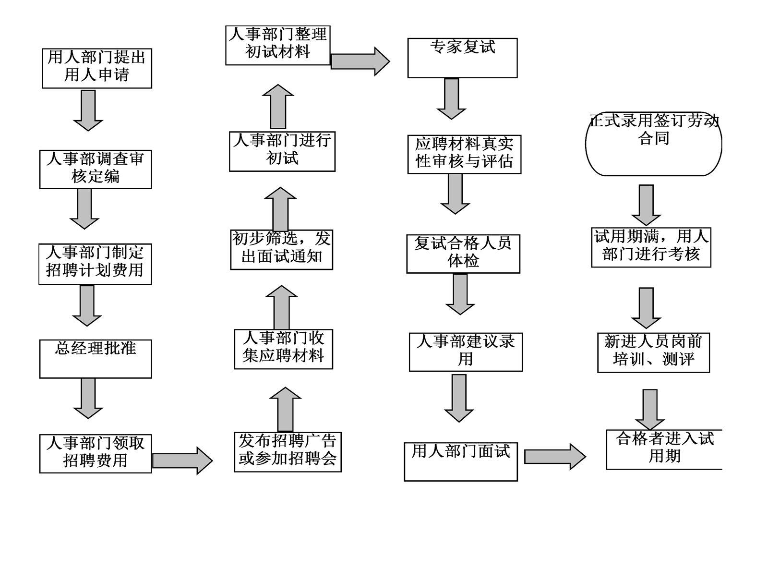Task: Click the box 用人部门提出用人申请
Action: [96, 68]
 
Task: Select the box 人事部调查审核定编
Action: [95, 169]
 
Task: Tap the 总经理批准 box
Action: [95, 358]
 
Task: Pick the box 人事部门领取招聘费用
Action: [95, 453]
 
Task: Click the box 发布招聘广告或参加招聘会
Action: [288, 451]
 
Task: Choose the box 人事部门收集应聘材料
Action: [283, 349]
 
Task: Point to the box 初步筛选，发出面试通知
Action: [281, 249]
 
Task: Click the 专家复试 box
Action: [462, 58]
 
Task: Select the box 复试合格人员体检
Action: [463, 254]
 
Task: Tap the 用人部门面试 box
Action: [460, 461]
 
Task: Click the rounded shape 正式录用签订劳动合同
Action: [653, 143]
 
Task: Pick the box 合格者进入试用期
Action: [664, 449]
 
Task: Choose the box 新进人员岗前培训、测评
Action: [653, 352]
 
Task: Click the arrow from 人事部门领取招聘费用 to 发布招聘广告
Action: [182, 461]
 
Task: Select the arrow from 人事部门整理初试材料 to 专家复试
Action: [360, 61]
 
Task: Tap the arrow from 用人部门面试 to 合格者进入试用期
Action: [554, 456]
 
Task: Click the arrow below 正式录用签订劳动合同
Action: [646, 205]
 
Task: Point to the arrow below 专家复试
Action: [451, 98]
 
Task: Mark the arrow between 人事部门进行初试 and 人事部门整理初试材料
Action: [278, 107]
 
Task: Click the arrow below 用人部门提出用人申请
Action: [88, 110]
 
